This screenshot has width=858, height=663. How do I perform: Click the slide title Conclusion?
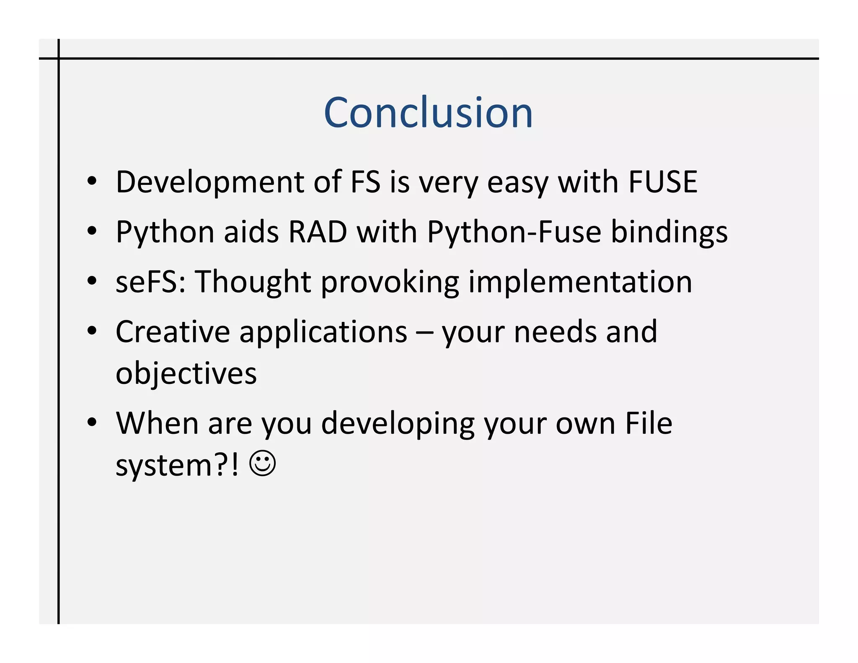428,112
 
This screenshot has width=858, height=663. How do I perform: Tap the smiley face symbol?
263,463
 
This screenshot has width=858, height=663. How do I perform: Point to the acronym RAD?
318,232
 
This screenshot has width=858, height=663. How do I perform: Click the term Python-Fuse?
514,233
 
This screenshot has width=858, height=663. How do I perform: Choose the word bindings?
669,233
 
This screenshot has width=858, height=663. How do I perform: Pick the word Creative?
173,331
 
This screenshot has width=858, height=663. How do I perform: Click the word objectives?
186,373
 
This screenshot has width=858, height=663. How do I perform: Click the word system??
177,466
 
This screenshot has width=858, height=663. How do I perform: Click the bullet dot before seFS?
92,280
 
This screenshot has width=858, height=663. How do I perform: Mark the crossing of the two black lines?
59,59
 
